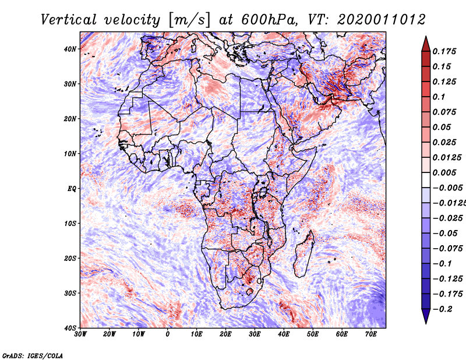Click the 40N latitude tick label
pyautogui.click(x=70, y=49)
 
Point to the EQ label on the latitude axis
pyautogui.click(x=72, y=189)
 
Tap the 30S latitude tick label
pyautogui.click(x=70, y=293)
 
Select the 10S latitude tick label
pyautogui.click(x=70, y=224)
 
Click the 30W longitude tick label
pyautogui.click(x=80, y=334)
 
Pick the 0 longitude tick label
pyautogui.click(x=168, y=334)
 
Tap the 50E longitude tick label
pyautogui.click(x=313, y=334)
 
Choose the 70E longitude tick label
pyautogui.click(x=370, y=334)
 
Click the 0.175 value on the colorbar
pyautogui.click(x=444, y=52)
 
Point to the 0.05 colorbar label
pyautogui.click(x=442, y=127)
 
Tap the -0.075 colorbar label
pyautogui.click(x=448, y=249)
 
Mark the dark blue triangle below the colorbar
pyautogui.click(x=426, y=316)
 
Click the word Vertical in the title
pyautogui.click(x=69, y=20)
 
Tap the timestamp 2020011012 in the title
pyautogui.click(x=382, y=20)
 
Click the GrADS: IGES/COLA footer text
pyautogui.click(x=33, y=355)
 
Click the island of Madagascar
pyautogui.click(x=304, y=254)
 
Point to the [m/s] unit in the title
pyautogui.click(x=189, y=20)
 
